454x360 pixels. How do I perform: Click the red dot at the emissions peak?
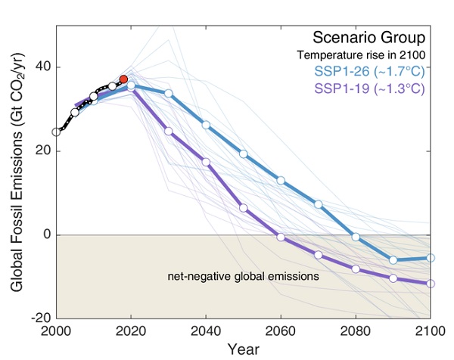[123, 79]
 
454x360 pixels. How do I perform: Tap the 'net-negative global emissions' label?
[243, 277]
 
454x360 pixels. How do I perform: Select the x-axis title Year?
[243, 349]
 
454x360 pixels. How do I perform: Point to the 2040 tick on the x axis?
[206, 331]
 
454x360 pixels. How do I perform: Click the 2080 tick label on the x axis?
[356, 331]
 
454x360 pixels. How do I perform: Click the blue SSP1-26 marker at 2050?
[244, 154]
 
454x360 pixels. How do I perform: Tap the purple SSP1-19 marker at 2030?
[169, 132]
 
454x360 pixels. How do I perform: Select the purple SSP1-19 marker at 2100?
[431, 284]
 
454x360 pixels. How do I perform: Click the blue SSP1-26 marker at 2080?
[356, 237]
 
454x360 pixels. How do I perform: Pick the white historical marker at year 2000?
[57, 132]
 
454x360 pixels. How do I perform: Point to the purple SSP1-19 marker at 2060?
[281, 237]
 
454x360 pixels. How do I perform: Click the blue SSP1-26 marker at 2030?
[169, 93]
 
